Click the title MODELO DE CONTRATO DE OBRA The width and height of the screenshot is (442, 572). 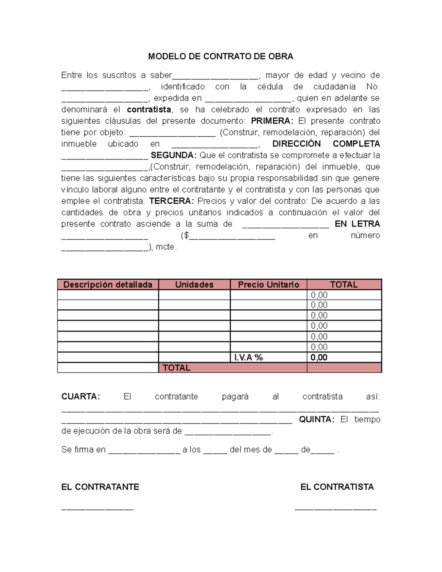220,56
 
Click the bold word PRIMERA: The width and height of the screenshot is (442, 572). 272,121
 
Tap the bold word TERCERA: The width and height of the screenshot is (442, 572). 171,201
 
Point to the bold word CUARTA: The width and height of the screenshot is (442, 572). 80,397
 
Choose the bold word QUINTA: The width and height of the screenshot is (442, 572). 316,420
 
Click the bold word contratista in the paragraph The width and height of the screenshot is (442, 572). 149,110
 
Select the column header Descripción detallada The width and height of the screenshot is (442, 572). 108,285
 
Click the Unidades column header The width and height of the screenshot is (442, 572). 194,285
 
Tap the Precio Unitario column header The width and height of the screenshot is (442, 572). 269,285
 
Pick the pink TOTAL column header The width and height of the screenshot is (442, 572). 344,285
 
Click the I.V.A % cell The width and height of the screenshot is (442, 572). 249,358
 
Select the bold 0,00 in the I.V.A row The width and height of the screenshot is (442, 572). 319,358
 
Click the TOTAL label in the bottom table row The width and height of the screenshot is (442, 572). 176,368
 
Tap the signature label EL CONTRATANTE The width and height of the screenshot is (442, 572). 100,487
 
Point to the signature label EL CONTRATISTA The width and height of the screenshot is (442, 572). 337,487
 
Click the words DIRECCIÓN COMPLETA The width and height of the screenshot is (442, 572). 326,144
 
